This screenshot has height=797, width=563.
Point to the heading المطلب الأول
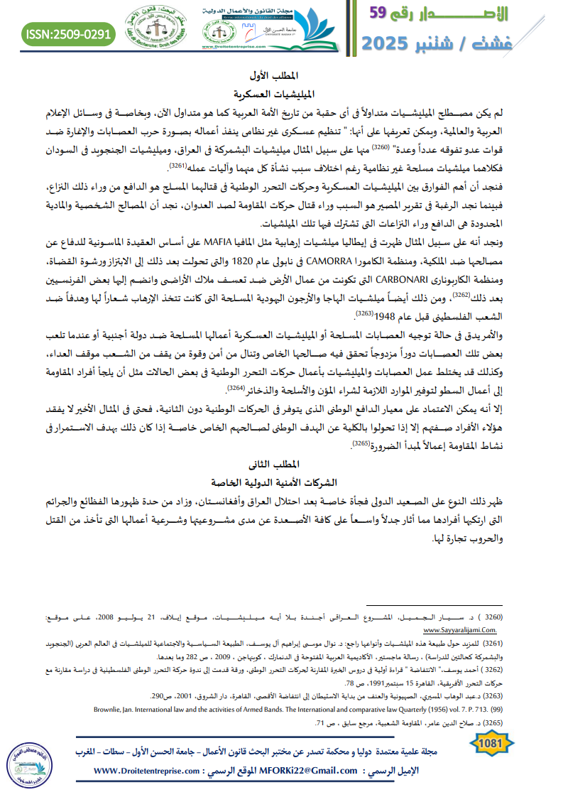pyautogui.click(x=281, y=76)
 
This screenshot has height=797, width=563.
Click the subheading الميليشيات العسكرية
pyautogui.click(x=281, y=93)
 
